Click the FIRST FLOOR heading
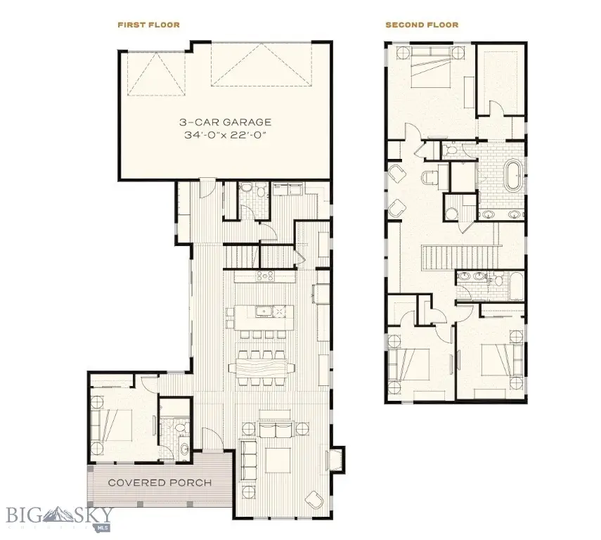(148, 25)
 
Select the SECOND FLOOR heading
(421, 25)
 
